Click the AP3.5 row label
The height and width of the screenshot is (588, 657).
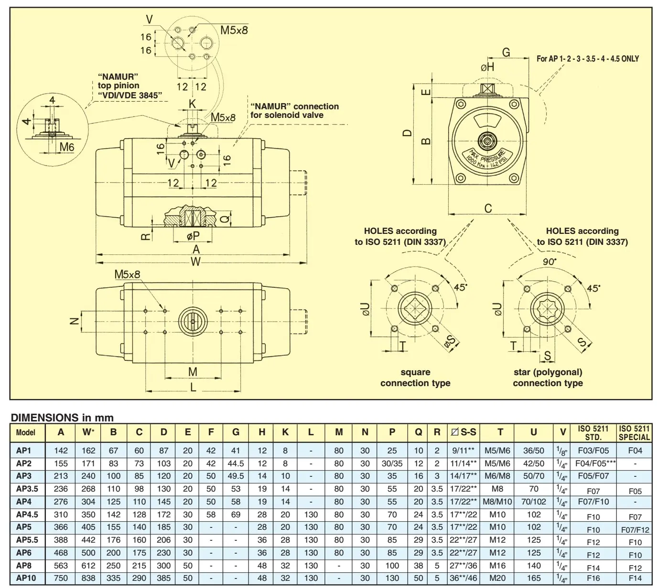(27, 489)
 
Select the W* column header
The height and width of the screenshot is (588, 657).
(88, 432)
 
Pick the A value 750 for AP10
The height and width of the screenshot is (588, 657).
(61, 578)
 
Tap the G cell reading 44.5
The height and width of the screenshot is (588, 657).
(236, 463)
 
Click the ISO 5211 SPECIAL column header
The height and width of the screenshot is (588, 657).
(634, 433)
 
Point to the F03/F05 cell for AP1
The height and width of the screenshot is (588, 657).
(593, 451)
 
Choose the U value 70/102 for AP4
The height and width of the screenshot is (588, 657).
(533, 502)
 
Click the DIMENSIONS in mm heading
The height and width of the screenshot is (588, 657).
(62, 417)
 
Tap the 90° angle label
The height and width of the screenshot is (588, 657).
(549, 262)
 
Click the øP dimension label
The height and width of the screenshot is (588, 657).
(193, 236)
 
